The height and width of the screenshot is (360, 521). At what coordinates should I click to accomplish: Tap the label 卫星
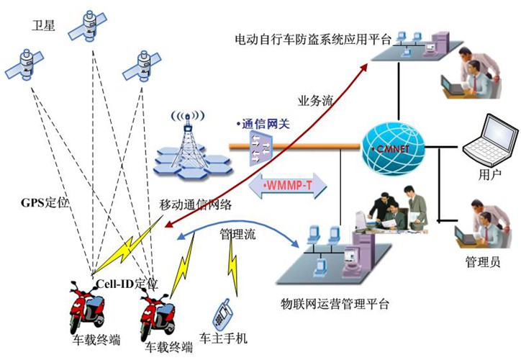[x=42, y=27]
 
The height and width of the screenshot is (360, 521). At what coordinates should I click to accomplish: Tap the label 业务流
[x=314, y=101]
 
